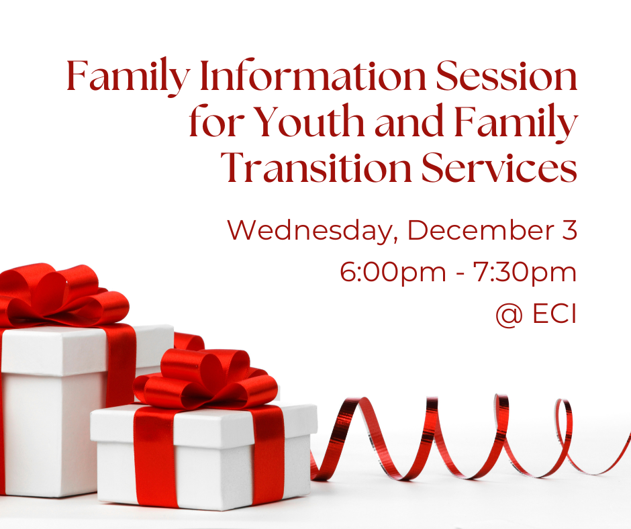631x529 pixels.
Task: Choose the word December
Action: (476, 230)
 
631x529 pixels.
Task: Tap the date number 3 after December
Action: (569, 230)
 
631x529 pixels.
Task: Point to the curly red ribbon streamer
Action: (470, 436)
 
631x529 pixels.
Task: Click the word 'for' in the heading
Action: (212, 124)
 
